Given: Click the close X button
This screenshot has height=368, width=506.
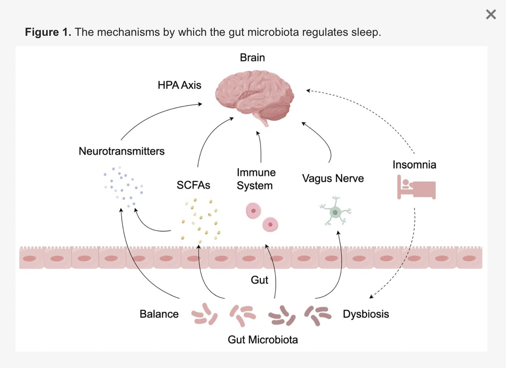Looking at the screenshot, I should (x=491, y=15).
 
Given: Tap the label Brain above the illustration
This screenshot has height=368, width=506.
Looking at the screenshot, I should (x=252, y=57).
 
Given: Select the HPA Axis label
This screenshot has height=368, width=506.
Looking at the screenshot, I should (x=179, y=85).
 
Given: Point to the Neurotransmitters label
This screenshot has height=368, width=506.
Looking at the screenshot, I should (x=122, y=151).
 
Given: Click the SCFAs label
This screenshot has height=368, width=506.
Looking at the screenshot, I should (x=193, y=185).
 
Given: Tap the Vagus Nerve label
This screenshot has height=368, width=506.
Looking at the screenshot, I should (x=333, y=178).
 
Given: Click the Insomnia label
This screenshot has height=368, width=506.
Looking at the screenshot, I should (x=414, y=164).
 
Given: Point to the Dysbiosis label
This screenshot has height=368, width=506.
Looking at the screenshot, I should (x=366, y=314).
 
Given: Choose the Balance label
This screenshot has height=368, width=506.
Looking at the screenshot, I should (x=159, y=314).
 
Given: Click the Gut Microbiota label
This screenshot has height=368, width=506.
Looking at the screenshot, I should (x=263, y=340).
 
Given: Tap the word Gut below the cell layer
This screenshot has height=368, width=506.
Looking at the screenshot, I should (x=259, y=280).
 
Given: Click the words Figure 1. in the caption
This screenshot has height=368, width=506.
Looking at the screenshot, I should (x=48, y=32).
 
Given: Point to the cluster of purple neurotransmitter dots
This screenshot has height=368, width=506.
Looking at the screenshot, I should (x=123, y=186).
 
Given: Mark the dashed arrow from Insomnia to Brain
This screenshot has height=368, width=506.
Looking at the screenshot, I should (x=367, y=112).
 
